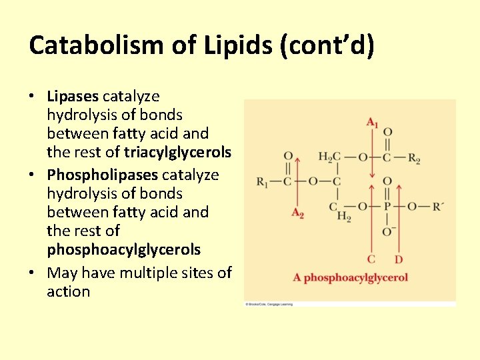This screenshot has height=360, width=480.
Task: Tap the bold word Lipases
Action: pos(73,96)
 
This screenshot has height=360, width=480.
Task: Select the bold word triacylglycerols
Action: pos(177,152)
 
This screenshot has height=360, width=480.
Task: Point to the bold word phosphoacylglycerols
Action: pos(123,249)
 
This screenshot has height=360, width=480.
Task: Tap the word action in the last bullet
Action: pos(68,291)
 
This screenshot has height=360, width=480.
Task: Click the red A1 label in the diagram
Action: pos(372,122)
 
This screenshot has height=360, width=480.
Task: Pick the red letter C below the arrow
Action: pos(371,259)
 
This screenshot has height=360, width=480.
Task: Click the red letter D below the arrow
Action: pos(398,259)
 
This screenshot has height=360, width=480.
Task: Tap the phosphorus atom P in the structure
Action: pos(387,207)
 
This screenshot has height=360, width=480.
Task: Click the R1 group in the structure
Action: pos(263,182)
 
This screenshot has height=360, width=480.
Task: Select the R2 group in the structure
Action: pos(414,159)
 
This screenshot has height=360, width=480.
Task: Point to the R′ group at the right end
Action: pos(437,207)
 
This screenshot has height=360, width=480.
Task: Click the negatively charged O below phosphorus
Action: pos(388,231)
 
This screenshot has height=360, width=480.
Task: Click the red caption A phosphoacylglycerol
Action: pos(350,277)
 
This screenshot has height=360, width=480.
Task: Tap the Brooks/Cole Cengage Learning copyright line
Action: pos(269,304)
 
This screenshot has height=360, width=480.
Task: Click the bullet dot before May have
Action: pos(32,273)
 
